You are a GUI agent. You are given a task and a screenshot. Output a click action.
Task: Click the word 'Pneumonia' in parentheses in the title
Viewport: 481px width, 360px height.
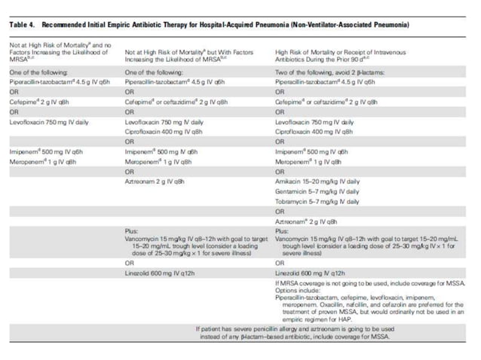coord(388,25)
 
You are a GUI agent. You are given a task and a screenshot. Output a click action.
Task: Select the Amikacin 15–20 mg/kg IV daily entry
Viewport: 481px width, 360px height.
coord(317,182)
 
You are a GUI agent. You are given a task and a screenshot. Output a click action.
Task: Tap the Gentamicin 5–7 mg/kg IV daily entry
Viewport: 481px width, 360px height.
coord(317,191)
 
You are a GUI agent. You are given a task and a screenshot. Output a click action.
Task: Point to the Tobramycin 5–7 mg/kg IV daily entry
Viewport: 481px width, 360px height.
coord(317,202)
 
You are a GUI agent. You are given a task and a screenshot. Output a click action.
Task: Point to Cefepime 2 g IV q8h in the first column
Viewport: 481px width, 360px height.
coord(41,100)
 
